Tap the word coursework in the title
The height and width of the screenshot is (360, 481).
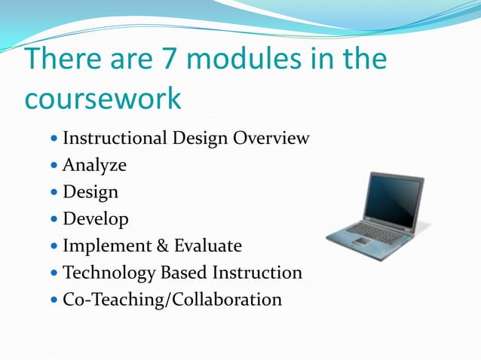103,99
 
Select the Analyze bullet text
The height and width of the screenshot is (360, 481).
94,165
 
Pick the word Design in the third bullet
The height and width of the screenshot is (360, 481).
90,192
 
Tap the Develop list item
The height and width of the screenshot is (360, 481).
96,219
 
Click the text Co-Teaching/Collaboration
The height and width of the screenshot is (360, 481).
172,300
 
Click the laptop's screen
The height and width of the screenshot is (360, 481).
392,197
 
